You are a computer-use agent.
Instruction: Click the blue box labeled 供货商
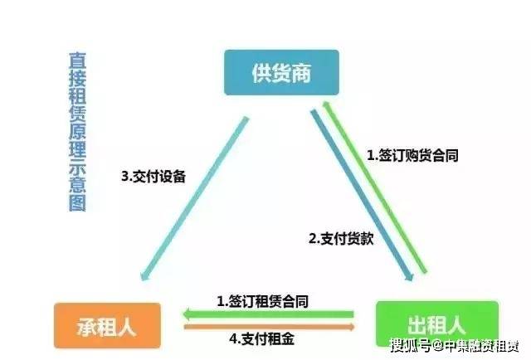pyautogui.click(x=281, y=72)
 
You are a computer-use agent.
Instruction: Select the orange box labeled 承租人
pyautogui.click(x=107, y=326)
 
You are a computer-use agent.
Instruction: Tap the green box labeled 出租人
pyautogui.click(x=437, y=324)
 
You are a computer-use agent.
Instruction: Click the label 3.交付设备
pyautogui.click(x=153, y=177)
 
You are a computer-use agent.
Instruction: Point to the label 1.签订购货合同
pyautogui.click(x=413, y=155)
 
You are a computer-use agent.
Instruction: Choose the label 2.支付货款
pyautogui.click(x=341, y=239)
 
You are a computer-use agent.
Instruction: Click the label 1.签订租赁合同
pyautogui.click(x=262, y=301)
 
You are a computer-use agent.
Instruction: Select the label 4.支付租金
pyautogui.click(x=262, y=338)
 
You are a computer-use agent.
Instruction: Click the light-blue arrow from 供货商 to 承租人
pyautogui.click(x=195, y=198)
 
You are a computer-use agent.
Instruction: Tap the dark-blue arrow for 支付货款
pyautogui.click(x=362, y=195)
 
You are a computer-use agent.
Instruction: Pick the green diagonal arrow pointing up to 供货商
pyautogui.click(x=374, y=187)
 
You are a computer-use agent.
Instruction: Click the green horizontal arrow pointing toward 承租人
pyautogui.click(x=268, y=314)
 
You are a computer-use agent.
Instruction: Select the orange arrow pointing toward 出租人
pyautogui.click(x=269, y=327)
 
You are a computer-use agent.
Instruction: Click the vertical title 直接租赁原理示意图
pyautogui.click(x=77, y=132)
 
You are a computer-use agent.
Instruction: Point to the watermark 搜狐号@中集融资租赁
pyautogui.click(x=455, y=346)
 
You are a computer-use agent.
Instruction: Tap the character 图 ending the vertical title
pyautogui.click(x=77, y=203)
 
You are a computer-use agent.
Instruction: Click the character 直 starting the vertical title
pyautogui.click(x=77, y=61)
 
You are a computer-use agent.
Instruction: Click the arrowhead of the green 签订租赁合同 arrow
pyautogui.click(x=187, y=314)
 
